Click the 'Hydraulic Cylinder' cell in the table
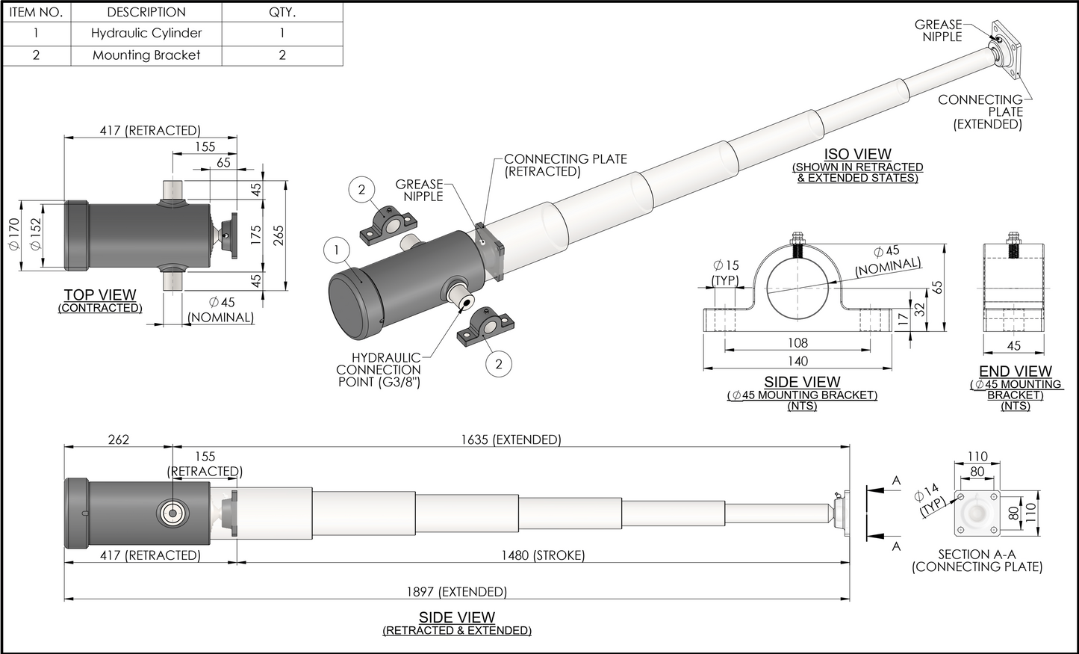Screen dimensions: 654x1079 tap(146, 33)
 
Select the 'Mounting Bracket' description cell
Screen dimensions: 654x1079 tap(146, 55)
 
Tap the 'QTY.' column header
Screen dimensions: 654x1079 tap(282, 12)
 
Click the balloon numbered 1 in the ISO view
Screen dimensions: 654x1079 tap(337, 250)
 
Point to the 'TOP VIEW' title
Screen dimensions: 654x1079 tap(100, 295)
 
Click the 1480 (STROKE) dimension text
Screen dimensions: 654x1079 tap(542, 555)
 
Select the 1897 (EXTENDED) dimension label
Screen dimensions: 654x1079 tap(456, 591)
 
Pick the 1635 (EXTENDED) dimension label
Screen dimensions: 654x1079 tap(511, 439)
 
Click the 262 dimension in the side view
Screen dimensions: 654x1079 tap(119, 439)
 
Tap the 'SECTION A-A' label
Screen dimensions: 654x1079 tap(977, 555)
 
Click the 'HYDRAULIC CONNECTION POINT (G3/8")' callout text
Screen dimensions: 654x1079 tap(379, 370)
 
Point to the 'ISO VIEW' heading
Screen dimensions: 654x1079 tap(857, 155)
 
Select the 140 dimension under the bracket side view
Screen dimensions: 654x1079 tap(797, 361)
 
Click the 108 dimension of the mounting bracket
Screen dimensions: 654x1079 tap(797, 343)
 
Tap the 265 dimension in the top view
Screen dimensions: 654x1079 tap(278, 234)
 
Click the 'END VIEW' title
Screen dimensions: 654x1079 tap(1015, 371)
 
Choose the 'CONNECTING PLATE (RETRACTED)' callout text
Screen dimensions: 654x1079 tap(565, 165)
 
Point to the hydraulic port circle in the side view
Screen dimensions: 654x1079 tap(172, 513)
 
